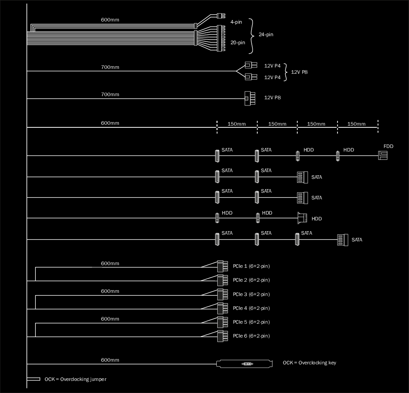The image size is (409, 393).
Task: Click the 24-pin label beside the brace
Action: coord(266,34)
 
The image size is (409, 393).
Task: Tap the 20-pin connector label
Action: coord(237,43)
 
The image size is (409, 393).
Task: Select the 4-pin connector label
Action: coord(236,22)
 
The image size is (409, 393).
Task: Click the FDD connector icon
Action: coord(383,156)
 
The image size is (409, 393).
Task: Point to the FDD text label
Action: coord(388,147)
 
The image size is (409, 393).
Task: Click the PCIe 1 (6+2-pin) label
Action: coord(251,266)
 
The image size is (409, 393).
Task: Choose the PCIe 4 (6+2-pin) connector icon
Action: coord(220,308)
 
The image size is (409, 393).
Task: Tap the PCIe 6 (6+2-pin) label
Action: coord(251,336)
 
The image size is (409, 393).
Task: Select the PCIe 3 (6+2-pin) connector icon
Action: coord(220,294)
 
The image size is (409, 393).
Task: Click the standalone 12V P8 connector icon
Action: coord(249,98)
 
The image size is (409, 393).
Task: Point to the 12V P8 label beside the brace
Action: coord(299,72)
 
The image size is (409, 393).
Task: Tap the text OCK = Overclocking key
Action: coord(309,363)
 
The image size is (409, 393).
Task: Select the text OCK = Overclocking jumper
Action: coord(76,380)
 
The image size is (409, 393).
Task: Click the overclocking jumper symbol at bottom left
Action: coord(34,380)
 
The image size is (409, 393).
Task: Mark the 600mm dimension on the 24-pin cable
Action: coord(110,20)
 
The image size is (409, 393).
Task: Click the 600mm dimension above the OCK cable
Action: coord(110,360)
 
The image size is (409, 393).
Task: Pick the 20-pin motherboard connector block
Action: coord(221,38)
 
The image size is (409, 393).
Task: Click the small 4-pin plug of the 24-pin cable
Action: coord(220,16)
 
